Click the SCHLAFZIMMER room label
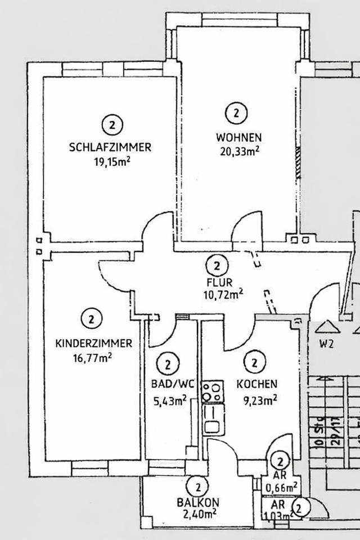click(110, 148)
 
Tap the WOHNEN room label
click(238, 137)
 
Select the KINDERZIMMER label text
click(93, 343)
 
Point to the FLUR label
click(218, 282)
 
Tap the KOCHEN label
click(256, 385)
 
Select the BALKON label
click(197, 502)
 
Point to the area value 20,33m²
click(240, 150)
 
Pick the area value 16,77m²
click(93, 357)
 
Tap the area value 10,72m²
click(223, 293)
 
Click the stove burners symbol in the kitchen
click(213, 392)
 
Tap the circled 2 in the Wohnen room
click(236, 113)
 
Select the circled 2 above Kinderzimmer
click(91, 319)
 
